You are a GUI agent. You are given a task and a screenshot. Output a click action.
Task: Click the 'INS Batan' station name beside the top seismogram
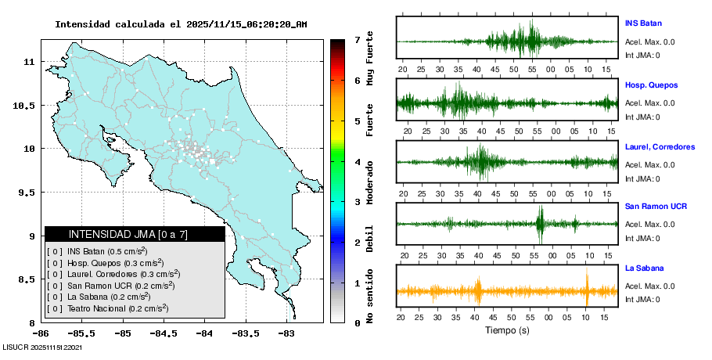tap(643, 23)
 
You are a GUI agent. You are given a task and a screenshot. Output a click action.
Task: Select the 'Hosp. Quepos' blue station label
tap(651, 85)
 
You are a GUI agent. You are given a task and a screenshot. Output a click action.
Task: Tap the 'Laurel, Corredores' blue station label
tap(660, 146)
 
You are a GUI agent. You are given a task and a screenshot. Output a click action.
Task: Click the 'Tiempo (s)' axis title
tap(507, 330)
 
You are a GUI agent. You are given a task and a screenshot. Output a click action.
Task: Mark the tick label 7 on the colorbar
tap(357, 39)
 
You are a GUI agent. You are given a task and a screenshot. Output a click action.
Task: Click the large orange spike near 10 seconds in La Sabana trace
tap(586, 288)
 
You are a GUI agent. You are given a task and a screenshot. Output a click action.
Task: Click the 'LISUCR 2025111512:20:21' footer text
tap(43, 347)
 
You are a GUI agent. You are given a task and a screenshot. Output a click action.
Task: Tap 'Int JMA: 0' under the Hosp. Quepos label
tap(642, 117)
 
